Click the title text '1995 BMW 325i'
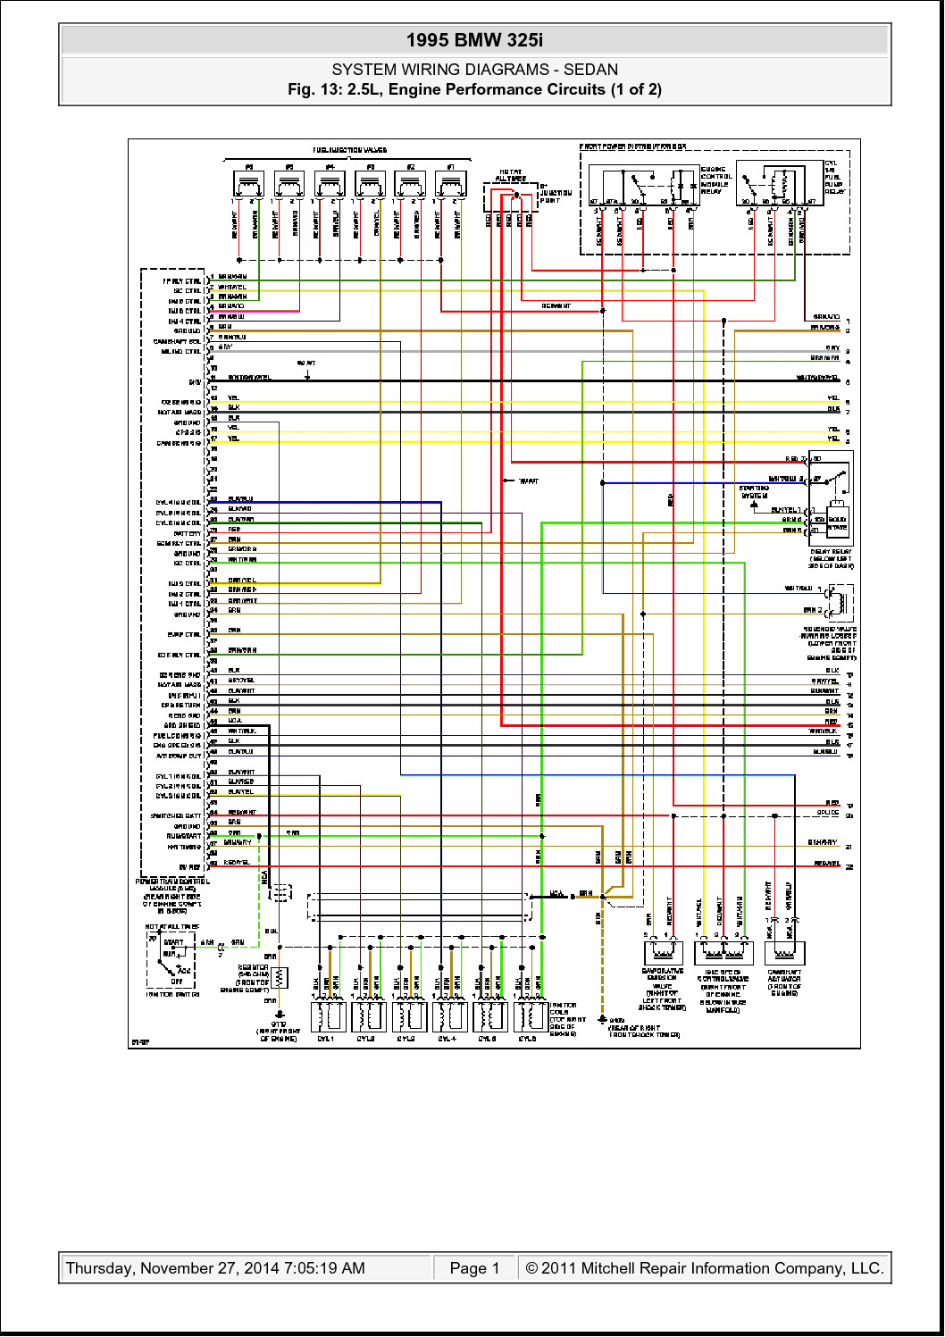pyautogui.click(x=474, y=40)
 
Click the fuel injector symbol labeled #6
pyautogui.click(x=249, y=185)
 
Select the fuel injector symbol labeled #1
pyautogui.click(x=451, y=185)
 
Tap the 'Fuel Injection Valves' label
pyautogui.click(x=349, y=150)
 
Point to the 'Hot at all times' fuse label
pyautogui.click(x=511, y=175)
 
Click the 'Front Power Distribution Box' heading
pyautogui.click(x=632, y=146)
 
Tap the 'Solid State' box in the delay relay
pyautogui.click(x=837, y=523)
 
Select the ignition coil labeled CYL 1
pyautogui.click(x=327, y=1015)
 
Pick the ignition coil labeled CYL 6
pyautogui.click(x=530, y=1015)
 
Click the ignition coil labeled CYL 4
pyautogui.click(x=448, y=1015)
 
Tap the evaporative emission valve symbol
pyautogui.click(x=663, y=952)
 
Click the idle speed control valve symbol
pyautogui.click(x=723, y=952)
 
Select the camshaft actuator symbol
pyautogui.click(x=784, y=952)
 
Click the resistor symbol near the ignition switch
pyautogui.click(x=280, y=978)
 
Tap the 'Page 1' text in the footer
pyautogui.click(x=474, y=1268)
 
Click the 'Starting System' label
pyautogui.click(x=754, y=492)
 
